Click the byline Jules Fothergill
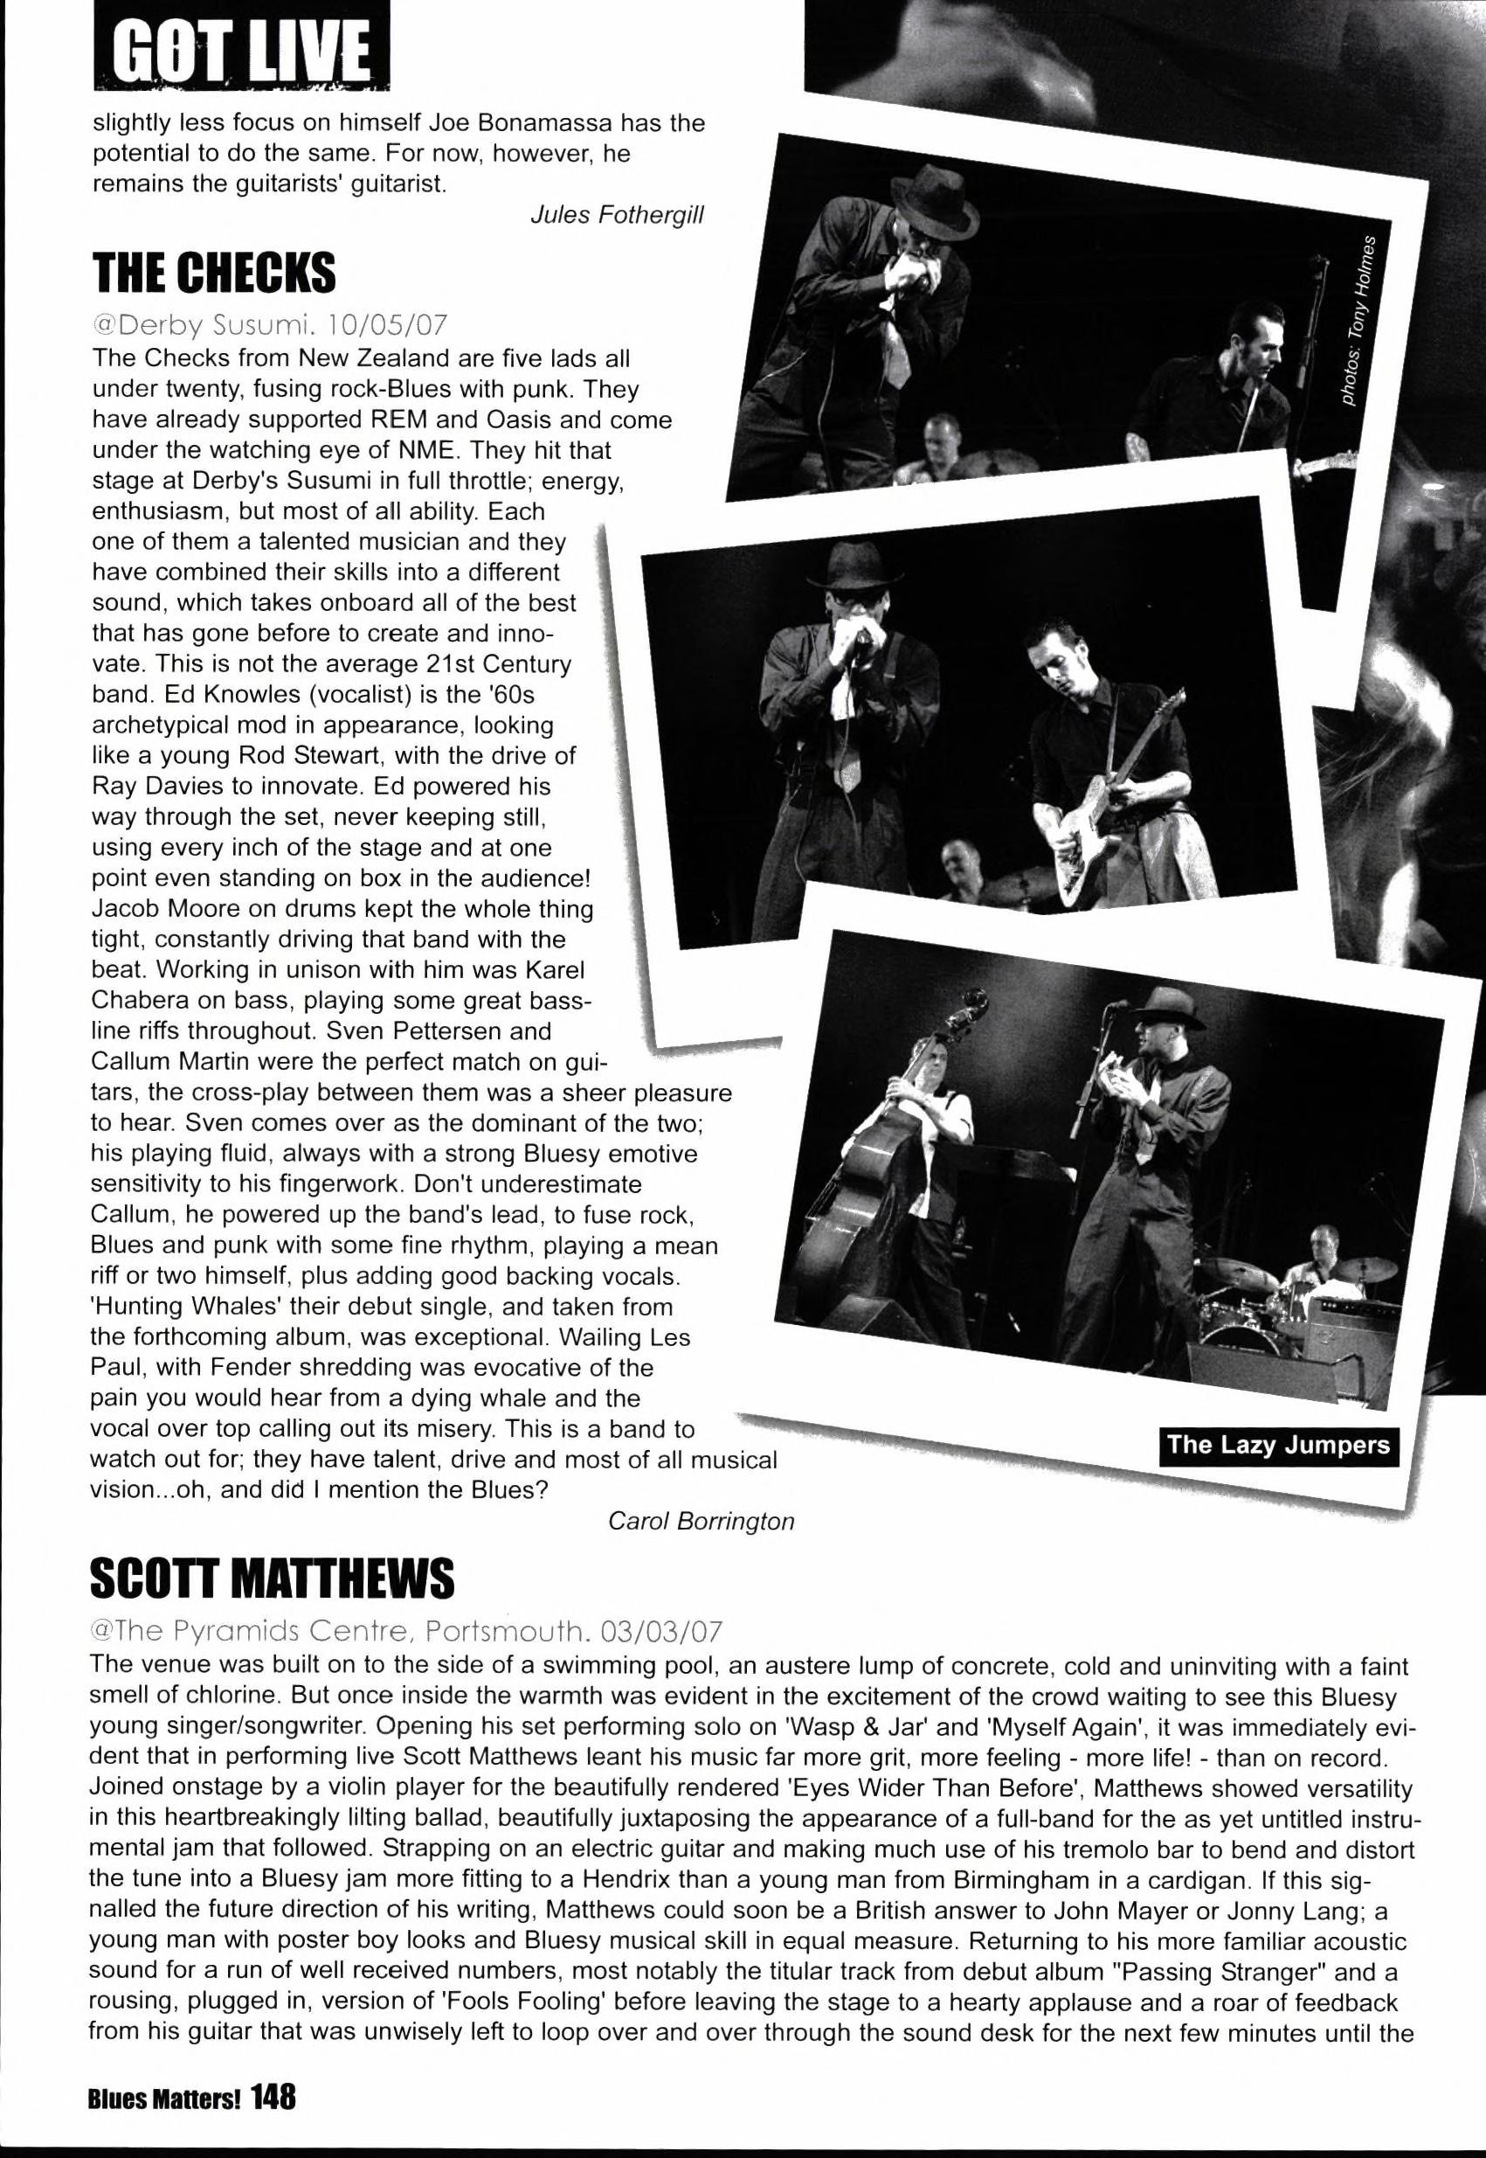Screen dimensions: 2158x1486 (617, 215)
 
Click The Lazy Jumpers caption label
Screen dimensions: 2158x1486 (1277, 1445)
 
